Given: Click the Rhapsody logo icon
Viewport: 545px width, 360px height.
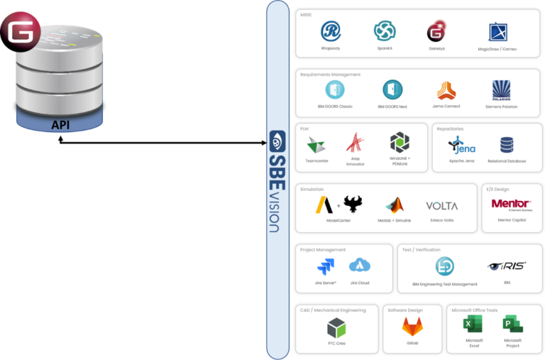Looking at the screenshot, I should (x=331, y=31).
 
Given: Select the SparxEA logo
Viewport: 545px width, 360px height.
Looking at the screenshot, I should (x=385, y=31).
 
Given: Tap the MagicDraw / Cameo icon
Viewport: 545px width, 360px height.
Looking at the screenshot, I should (x=498, y=32).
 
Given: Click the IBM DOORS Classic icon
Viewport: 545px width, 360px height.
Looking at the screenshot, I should (x=335, y=89).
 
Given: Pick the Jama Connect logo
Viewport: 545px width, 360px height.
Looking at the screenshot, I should (x=446, y=90).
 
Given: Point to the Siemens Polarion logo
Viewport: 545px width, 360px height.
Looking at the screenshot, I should (x=501, y=89).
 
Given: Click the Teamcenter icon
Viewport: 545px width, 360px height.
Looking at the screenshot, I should (x=316, y=145).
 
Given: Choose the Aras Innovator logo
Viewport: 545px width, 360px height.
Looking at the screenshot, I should (x=355, y=144).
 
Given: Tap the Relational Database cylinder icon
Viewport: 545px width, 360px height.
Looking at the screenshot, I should (x=507, y=146).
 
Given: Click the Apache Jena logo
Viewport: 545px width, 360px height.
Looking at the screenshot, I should (x=462, y=145).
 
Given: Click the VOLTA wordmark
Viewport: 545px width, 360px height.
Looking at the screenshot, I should (x=441, y=206).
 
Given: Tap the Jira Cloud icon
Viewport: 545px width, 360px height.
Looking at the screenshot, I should (x=360, y=266).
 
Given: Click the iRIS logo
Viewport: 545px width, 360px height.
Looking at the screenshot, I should (x=507, y=266).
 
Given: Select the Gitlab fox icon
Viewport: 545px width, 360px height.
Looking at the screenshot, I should (x=412, y=326).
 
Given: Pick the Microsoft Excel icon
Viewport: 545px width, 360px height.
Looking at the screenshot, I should (x=473, y=324).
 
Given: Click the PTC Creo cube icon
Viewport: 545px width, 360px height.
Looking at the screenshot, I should (x=336, y=327).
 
